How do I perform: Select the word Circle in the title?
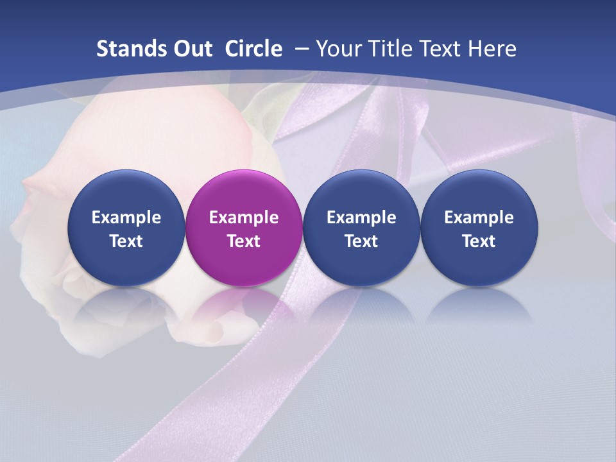pyautogui.click(x=253, y=49)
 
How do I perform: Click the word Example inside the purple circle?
pyautogui.click(x=244, y=218)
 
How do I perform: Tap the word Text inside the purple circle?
pyautogui.click(x=244, y=241)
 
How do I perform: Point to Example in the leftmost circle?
pyautogui.click(x=126, y=218)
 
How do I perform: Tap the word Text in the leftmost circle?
pyautogui.click(x=126, y=241)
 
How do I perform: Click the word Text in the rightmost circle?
pyautogui.click(x=479, y=241)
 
